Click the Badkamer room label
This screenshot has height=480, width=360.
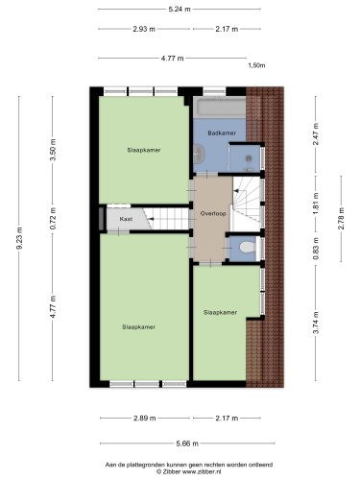click(x=222, y=132)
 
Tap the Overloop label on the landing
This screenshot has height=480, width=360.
click(x=213, y=213)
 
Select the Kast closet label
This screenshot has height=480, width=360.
click(x=126, y=219)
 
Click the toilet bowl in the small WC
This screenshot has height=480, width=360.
click(x=248, y=247)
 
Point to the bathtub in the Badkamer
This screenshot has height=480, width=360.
click(x=221, y=108)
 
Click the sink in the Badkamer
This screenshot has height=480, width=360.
click(x=199, y=154)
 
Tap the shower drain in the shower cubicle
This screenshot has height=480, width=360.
click(x=249, y=157)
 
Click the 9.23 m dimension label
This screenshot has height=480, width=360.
click(x=20, y=238)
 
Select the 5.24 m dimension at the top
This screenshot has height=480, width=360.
click(x=180, y=10)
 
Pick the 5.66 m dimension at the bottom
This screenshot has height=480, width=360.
click(x=187, y=444)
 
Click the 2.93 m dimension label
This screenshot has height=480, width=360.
click(x=144, y=29)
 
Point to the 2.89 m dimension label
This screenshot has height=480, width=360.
click(x=145, y=419)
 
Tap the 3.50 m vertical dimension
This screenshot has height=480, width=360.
click(x=53, y=150)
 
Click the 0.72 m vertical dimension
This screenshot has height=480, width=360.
click(x=53, y=218)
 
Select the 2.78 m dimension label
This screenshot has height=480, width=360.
click(x=341, y=219)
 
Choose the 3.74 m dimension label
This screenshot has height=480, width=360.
click(x=316, y=323)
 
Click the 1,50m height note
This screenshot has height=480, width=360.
click(x=256, y=65)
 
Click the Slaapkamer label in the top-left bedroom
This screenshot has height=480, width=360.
click(x=144, y=150)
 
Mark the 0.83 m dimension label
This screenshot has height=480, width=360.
click(x=316, y=248)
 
